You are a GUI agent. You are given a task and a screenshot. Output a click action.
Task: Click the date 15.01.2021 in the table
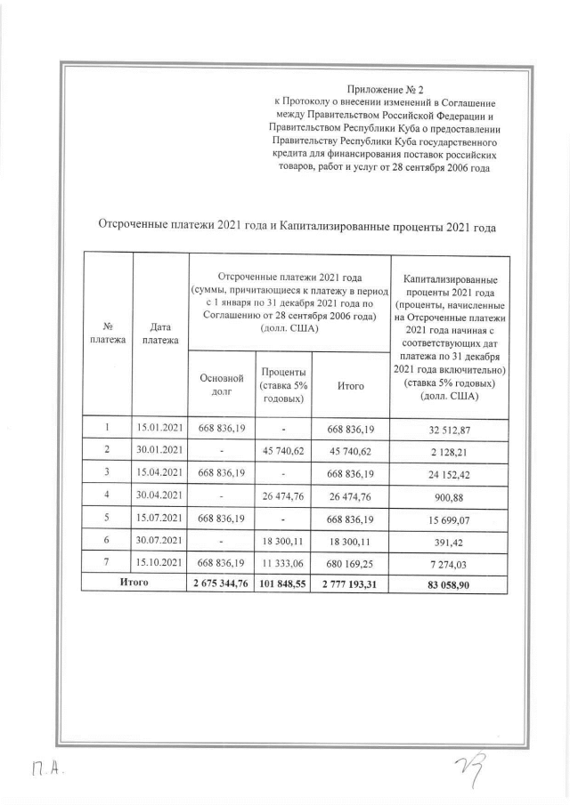coord(160,429)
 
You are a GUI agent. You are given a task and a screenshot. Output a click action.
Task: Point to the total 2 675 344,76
coord(222,583)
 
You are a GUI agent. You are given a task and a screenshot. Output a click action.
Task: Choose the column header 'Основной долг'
coord(222,384)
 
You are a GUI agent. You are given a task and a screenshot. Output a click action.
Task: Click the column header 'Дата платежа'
coord(160,333)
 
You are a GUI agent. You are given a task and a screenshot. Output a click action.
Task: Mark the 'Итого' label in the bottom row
coord(134,583)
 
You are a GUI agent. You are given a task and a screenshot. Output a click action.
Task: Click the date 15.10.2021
coord(160,561)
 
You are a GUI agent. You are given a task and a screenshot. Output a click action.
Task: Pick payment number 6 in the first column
coord(107,539)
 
